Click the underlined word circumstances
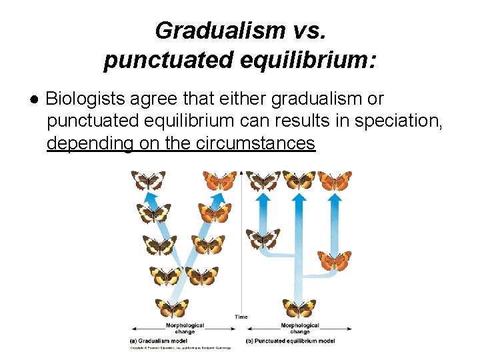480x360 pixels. point(256,143)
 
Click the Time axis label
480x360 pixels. point(241,317)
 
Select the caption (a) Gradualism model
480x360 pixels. point(159,341)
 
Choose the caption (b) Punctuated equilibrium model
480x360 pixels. point(291,341)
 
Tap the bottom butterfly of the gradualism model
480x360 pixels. point(172,308)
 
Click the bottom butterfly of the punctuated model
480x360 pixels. point(299,308)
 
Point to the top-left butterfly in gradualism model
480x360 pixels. point(148,181)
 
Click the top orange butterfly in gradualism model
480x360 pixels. point(220,181)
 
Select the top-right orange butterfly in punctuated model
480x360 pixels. point(335,180)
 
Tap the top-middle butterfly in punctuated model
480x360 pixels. point(299,180)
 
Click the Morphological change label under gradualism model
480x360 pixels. point(185,328)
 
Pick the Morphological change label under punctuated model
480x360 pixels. point(300,328)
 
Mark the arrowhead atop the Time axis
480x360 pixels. point(241,173)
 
